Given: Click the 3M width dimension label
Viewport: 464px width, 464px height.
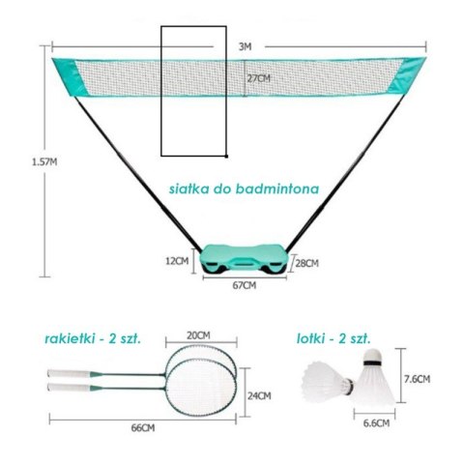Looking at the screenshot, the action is tap(245, 46).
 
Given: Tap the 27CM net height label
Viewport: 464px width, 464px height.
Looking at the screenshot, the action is tap(258, 78).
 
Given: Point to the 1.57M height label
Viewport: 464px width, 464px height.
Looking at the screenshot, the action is tap(44, 161).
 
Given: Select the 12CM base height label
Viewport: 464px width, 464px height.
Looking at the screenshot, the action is tap(177, 261).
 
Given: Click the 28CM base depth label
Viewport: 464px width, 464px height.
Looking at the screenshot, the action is tap(307, 263).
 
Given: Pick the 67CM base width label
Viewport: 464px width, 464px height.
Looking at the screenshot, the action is tap(245, 285).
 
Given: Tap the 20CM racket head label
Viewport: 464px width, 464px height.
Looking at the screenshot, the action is tap(198, 335).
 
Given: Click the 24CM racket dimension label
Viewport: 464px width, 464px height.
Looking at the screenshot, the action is tap(259, 395).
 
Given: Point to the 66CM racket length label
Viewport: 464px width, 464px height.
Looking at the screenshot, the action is tap(143, 428).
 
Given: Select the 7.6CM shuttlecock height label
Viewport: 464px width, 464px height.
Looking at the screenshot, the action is tap(418, 379).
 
